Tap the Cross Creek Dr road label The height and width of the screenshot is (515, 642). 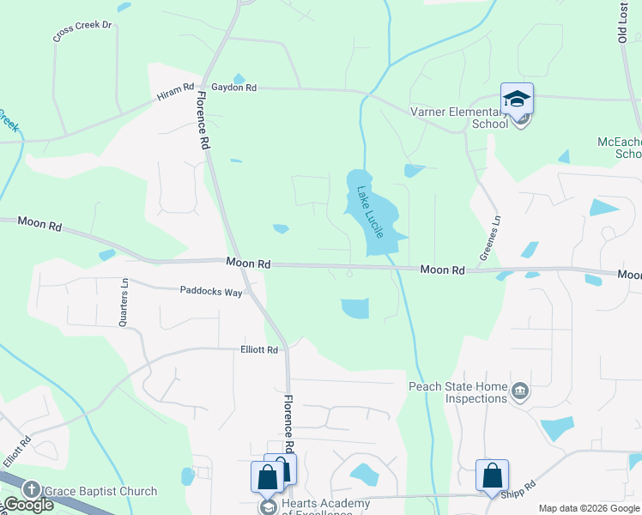tap(82, 32)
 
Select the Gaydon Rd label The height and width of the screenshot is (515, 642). tap(239, 88)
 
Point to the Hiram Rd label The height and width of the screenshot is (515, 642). tap(175, 93)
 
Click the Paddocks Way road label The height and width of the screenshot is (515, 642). tap(210, 291)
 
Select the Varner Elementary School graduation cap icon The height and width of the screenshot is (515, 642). tap(517, 100)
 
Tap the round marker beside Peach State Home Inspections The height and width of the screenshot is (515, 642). tap(519, 393)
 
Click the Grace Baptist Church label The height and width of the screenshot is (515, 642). tap(101, 491)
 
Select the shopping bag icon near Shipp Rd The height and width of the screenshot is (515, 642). tap(492, 475)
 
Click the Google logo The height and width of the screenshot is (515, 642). tap(28, 505)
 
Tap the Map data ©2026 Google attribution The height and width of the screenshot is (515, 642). tap(589, 508)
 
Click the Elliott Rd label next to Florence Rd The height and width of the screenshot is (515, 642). tap(259, 350)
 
